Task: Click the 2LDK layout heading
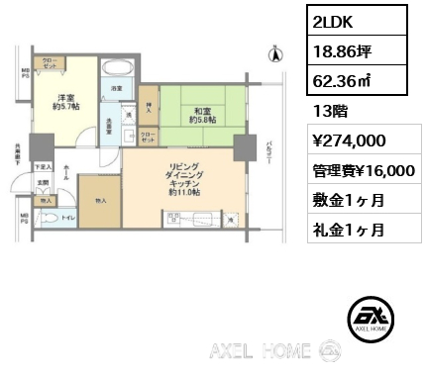(x=334, y=21)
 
